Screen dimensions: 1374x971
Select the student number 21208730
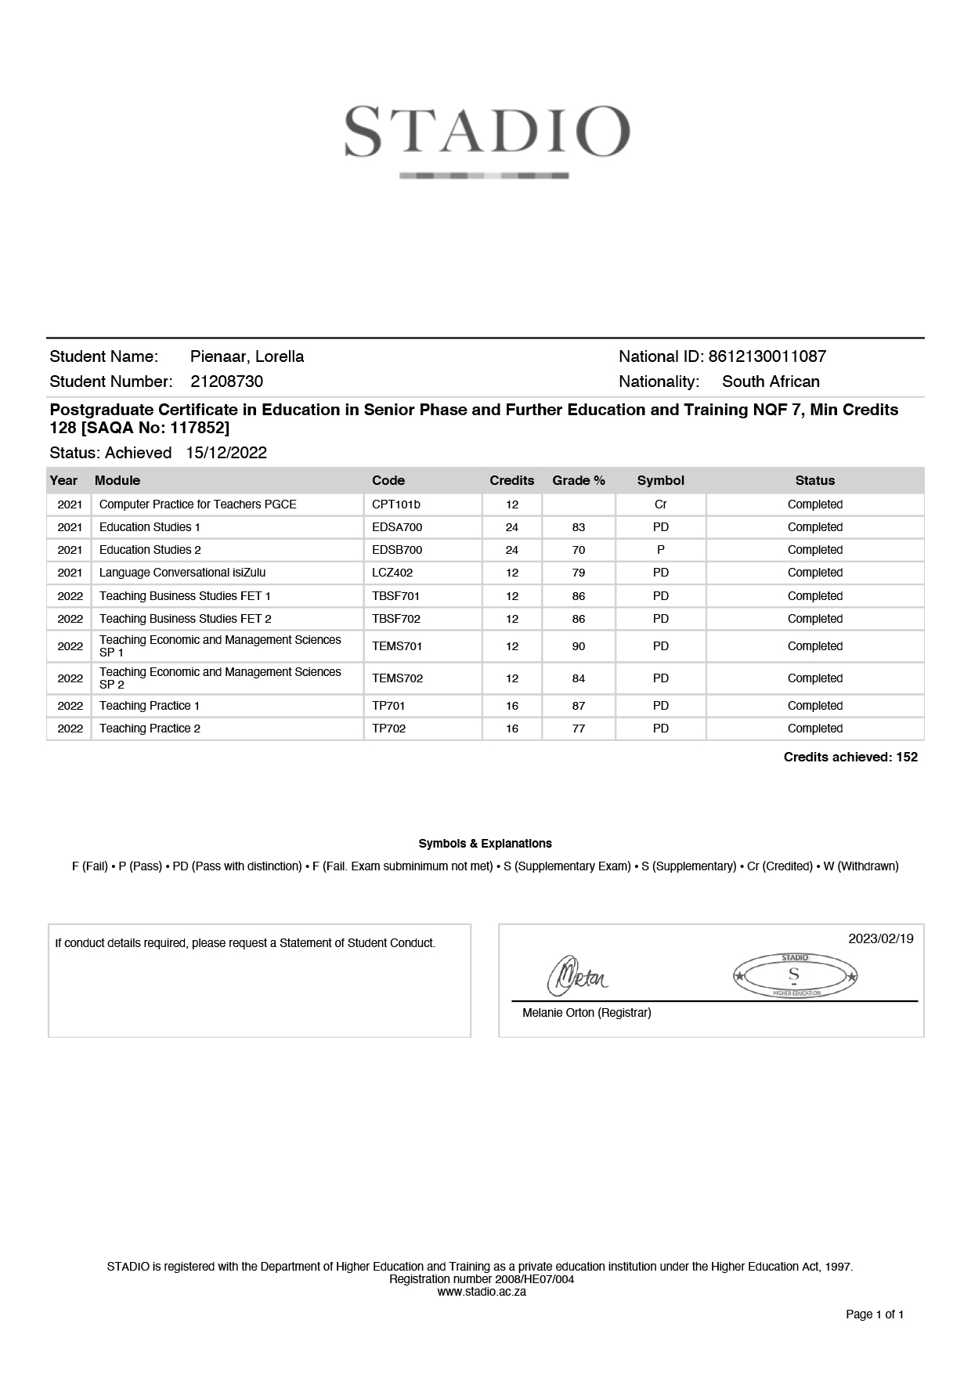coord(227,381)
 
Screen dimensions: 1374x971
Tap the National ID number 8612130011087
coord(767,356)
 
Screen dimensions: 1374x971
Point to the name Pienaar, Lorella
coord(247,356)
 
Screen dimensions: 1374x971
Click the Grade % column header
coord(579,480)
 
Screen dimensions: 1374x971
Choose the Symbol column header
coord(660,480)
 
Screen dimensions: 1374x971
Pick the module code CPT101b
coord(396,504)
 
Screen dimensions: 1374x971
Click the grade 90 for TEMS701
coord(579,646)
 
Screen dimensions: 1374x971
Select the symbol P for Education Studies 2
coord(660,550)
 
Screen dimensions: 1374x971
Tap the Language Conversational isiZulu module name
coord(182,573)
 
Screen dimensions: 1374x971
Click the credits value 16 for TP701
coord(512,706)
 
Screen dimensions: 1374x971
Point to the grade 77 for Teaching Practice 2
coord(579,729)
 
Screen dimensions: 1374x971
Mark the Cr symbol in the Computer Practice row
coord(660,504)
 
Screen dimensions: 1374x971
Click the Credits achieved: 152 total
coord(850,757)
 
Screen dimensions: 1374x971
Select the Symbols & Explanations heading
coord(485,844)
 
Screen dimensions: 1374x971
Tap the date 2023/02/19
coord(880,938)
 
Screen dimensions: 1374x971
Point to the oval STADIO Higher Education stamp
coord(795,976)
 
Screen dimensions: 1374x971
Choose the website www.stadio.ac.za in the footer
coord(482,1292)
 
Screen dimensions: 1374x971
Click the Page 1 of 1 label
coord(875,1314)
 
